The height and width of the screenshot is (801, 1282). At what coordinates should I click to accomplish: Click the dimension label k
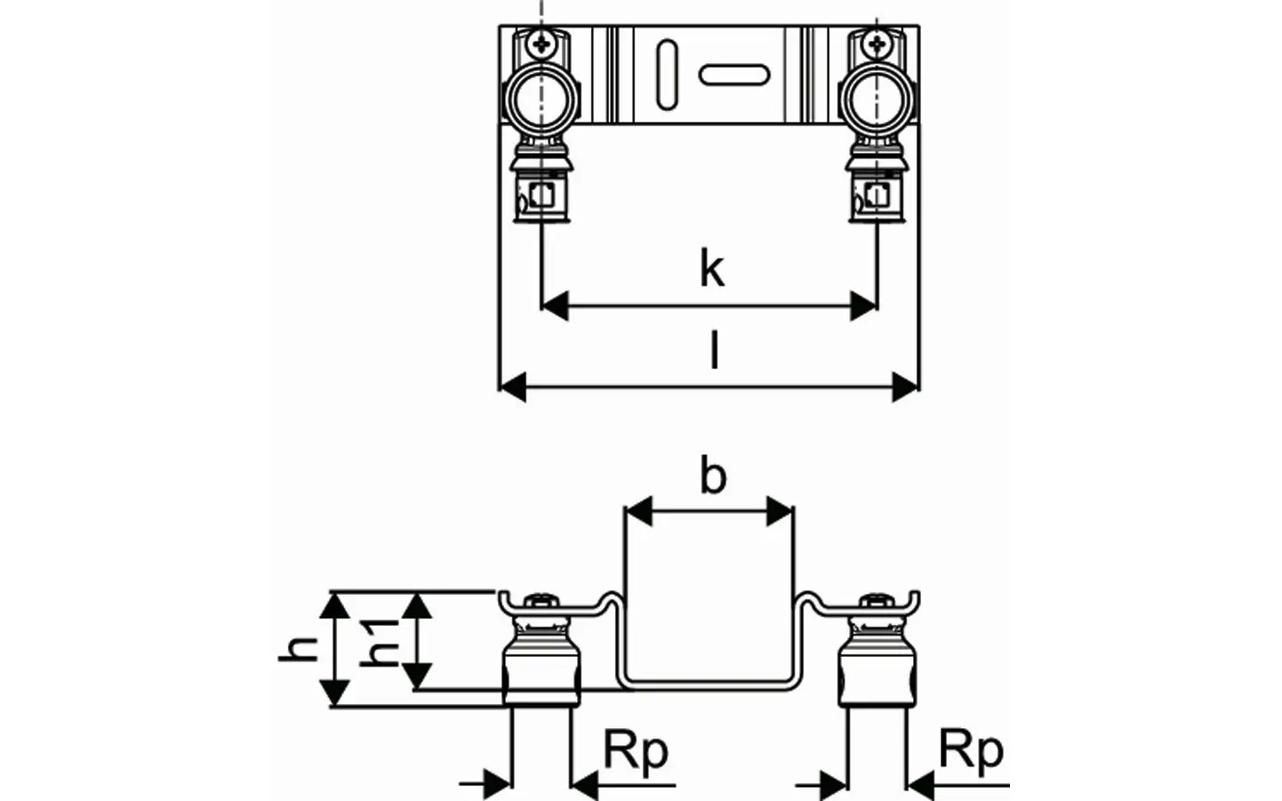712,268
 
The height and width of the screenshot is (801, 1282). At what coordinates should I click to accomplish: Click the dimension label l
714,350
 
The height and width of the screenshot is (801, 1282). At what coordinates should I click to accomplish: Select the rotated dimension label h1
380,644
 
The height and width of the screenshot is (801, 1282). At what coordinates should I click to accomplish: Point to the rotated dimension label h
298,649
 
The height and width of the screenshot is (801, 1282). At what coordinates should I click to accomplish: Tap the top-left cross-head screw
541,43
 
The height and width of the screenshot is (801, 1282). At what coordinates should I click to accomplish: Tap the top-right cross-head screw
877,43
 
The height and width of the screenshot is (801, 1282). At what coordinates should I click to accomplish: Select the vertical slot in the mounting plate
668,75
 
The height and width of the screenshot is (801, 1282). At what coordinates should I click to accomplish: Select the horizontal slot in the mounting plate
734,75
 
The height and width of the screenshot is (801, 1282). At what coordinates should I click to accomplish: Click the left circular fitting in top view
541,100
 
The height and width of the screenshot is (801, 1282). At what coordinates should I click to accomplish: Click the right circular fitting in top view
877,100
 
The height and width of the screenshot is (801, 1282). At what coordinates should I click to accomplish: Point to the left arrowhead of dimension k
555,306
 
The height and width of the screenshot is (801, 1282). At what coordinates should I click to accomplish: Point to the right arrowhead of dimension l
906,388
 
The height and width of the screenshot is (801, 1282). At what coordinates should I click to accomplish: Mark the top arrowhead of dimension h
334,606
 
